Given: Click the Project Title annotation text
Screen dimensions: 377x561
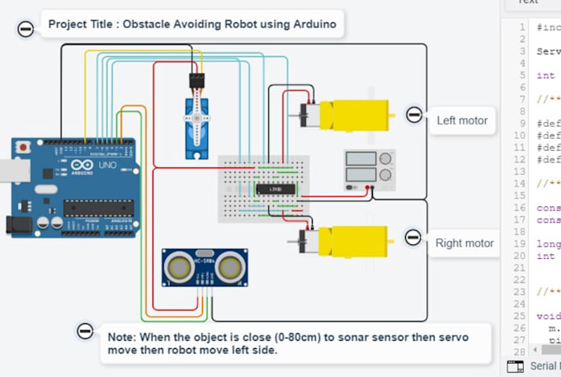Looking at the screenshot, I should coord(191,25).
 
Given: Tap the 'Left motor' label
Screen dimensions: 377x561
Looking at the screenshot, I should coord(462,120).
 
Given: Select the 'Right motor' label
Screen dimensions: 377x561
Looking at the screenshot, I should coord(464,243).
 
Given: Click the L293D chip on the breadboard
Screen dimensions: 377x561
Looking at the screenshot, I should coord(275,189).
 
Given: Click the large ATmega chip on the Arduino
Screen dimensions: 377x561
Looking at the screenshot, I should coord(98,209).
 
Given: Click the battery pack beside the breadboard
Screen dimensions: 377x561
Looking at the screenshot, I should coord(369,167).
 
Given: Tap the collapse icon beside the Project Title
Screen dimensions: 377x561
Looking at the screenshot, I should coord(26,29).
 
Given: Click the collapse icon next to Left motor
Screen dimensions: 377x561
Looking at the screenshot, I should coord(413,115).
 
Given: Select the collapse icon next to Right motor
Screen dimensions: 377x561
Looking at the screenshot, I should coord(413,238).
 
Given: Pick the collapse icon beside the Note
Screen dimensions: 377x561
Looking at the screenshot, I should coord(85,332).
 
